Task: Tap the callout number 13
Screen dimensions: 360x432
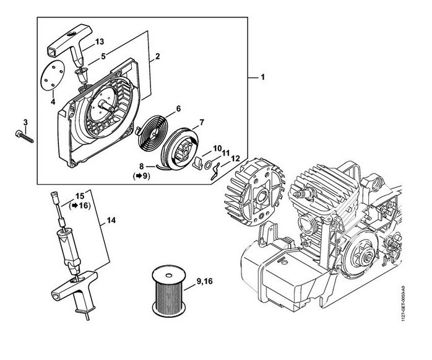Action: [x=98, y=42]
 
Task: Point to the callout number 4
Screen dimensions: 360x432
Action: [x=53, y=102]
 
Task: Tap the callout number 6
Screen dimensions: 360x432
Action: [x=178, y=108]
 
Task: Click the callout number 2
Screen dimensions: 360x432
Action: [x=158, y=58]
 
